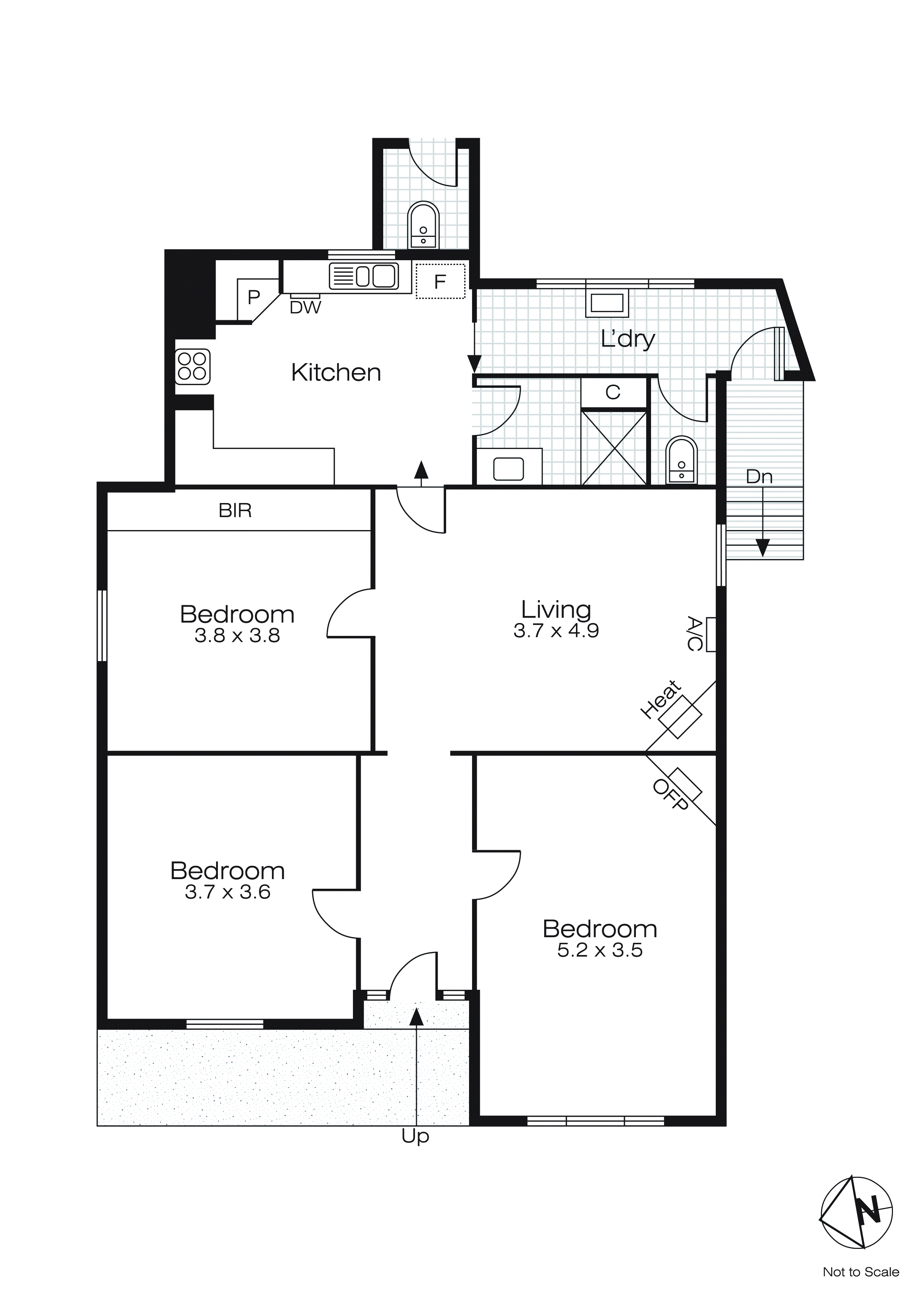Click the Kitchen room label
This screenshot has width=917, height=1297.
pos(336,373)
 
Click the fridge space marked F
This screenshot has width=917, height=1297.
pos(441,281)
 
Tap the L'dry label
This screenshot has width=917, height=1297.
pos(627,339)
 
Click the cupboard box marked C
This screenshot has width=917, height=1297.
pos(613,392)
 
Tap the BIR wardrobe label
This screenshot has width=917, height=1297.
pos(235,511)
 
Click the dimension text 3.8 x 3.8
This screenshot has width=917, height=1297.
pos(237,636)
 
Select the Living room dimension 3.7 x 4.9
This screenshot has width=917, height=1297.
pos(556,631)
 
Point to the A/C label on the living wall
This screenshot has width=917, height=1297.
pos(695,633)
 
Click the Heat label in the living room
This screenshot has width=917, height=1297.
pos(661,699)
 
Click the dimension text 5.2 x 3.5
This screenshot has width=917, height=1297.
pos(600,950)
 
